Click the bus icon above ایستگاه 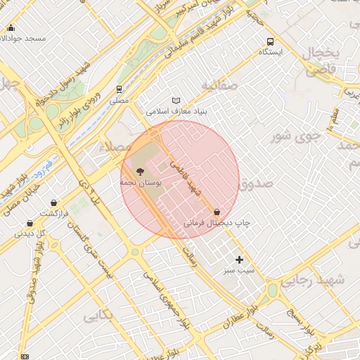coord(271,41)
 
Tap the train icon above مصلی coord(119,89)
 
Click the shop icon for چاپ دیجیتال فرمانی coord(217,212)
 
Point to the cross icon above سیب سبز coord(239,259)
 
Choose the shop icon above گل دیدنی coord(30,223)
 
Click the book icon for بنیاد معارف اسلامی coord(176,101)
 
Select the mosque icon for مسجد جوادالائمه coord(11,28)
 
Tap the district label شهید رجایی coord(314,281)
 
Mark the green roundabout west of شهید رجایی coord(272,290)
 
